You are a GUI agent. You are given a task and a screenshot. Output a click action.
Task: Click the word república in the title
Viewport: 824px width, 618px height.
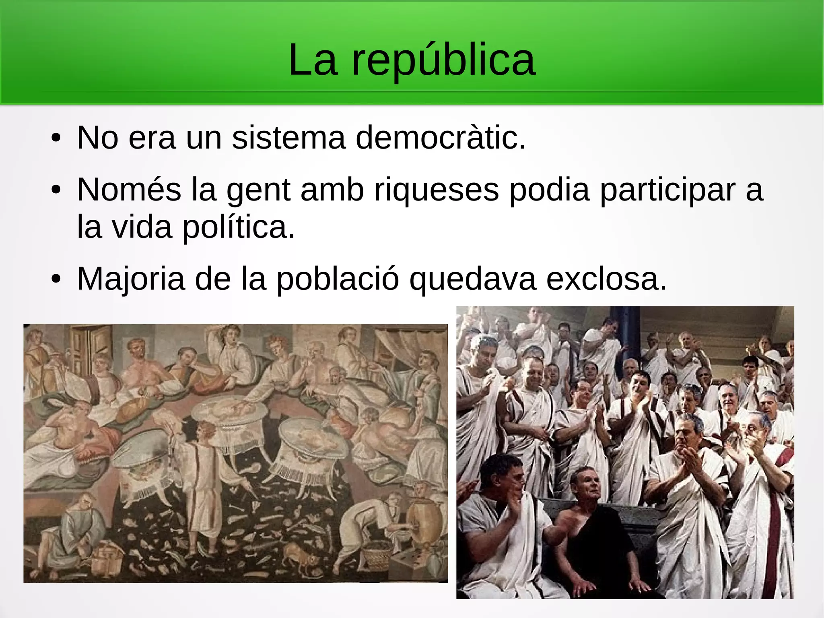point(443,60)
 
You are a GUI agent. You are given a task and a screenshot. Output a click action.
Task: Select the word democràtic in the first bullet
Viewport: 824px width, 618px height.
point(441,138)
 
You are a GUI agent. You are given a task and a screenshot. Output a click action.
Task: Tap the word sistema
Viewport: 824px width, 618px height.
point(288,138)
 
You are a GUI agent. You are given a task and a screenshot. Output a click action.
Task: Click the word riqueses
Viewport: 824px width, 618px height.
point(437,190)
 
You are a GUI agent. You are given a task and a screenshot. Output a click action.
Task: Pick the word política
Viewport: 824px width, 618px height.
point(239,227)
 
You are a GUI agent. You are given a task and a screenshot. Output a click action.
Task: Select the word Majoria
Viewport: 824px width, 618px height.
point(131,279)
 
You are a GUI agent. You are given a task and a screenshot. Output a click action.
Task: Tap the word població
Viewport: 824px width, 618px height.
point(338,279)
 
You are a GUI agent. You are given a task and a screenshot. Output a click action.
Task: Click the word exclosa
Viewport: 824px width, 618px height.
point(606,279)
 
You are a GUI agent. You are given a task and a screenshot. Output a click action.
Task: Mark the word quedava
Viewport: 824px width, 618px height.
point(472,279)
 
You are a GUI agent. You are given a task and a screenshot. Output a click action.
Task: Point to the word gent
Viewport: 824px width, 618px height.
point(258,190)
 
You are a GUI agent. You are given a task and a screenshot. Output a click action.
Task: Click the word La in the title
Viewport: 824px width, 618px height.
point(313,60)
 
